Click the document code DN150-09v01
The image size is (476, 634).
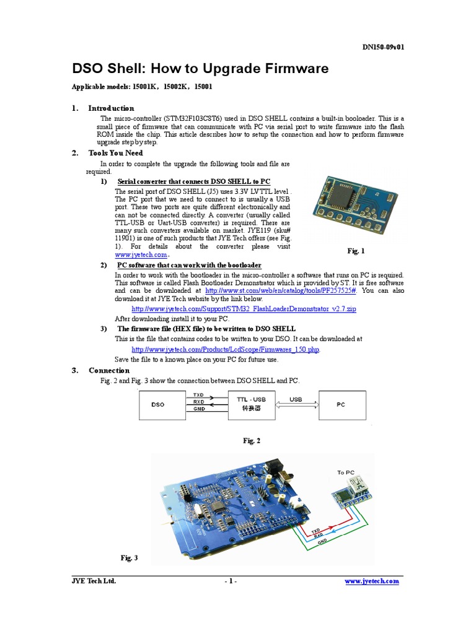pos(384,47)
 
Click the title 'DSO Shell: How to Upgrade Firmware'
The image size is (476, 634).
pos(201,69)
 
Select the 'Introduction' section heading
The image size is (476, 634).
pos(111,108)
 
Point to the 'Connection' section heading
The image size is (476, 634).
pos(109,370)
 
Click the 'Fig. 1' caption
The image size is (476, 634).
pos(356,251)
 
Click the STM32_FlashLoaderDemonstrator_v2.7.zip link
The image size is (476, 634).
pos(244,308)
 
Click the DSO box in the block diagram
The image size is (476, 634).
pos(158,404)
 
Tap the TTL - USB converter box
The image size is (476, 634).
pos(250,404)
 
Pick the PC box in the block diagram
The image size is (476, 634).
pos(341,404)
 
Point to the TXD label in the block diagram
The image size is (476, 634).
pos(198,394)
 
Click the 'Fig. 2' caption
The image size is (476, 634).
pos(252,441)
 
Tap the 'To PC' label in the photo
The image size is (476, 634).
pos(346,472)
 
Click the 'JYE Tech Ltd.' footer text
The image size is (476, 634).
pos(94,581)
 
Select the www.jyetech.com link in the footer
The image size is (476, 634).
pos(371,581)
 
